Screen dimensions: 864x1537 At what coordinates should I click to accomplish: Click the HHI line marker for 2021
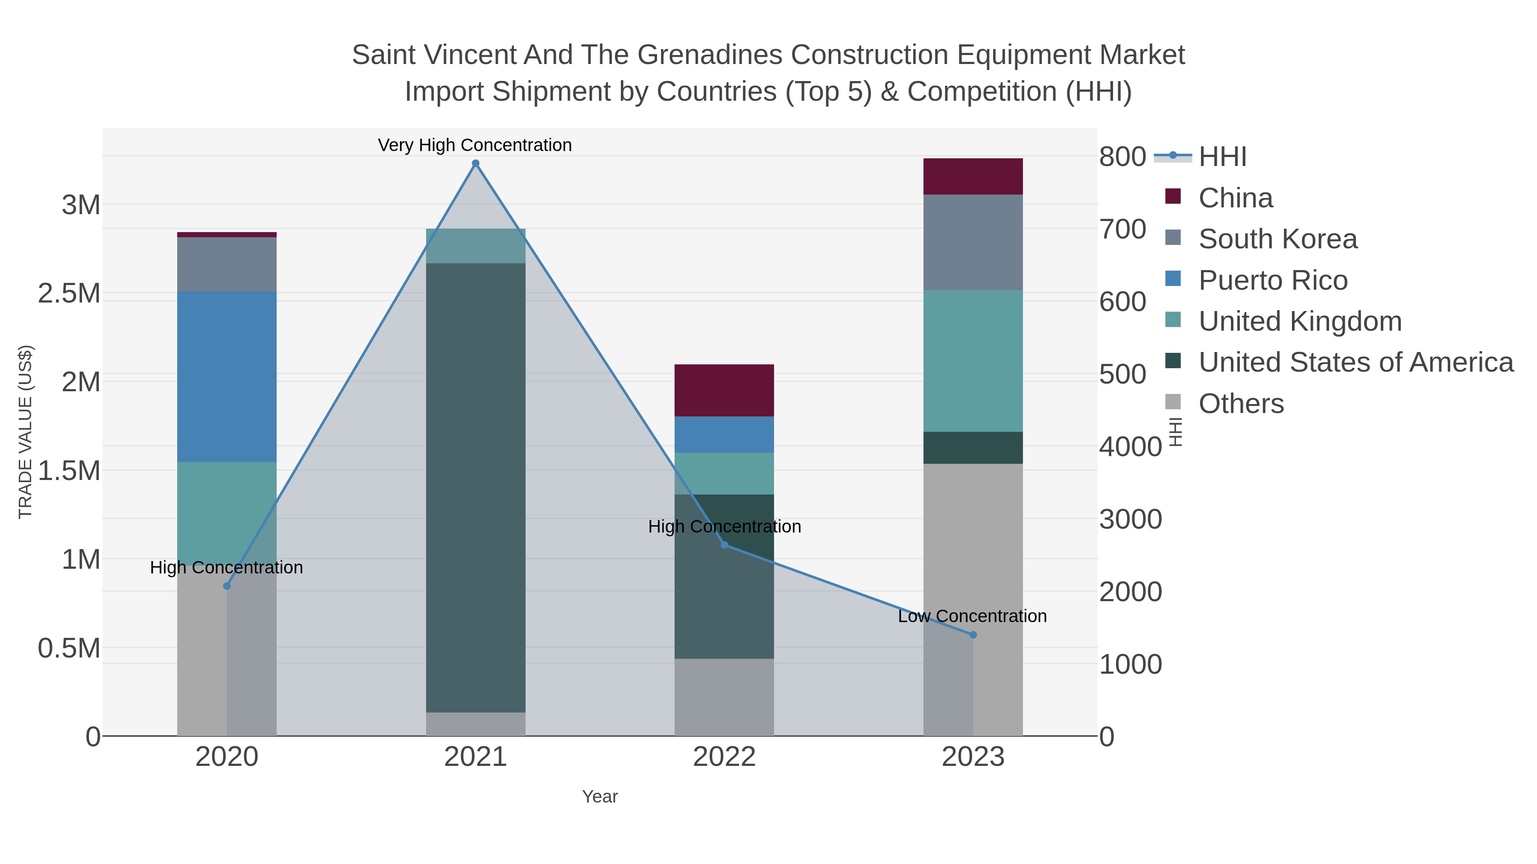tap(476, 163)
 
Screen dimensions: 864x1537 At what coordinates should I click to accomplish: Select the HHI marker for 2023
tap(973, 635)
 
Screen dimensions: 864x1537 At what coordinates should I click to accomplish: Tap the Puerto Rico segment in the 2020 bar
tap(227, 376)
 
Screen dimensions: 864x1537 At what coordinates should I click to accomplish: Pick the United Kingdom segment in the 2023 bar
tap(973, 361)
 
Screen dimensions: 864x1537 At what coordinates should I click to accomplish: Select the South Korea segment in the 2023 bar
tap(973, 242)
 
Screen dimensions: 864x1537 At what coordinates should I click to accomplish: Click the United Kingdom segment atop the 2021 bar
tap(476, 246)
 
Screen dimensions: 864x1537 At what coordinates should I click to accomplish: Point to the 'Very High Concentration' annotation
tap(475, 145)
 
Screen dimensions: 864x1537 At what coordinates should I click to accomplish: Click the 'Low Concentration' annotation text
tap(972, 616)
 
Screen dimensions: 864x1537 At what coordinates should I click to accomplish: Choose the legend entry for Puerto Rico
tap(1273, 280)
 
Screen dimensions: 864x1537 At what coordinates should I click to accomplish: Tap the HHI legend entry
tap(1222, 157)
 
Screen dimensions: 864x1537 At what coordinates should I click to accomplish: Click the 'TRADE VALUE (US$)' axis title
tap(25, 432)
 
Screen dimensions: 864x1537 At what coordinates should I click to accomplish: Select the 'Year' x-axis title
tap(600, 797)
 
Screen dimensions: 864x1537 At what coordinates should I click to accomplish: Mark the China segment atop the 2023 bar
tap(973, 177)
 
